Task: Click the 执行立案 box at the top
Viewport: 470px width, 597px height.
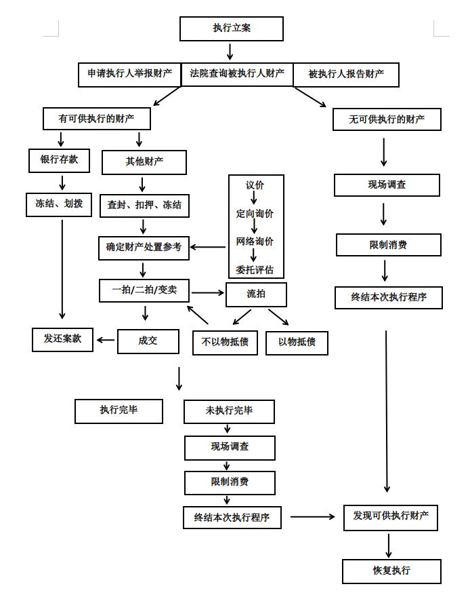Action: pyautogui.click(x=231, y=28)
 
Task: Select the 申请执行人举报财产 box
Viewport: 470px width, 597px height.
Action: pyautogui.click(x=129, y=74)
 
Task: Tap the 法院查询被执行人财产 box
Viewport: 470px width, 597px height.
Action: pyautogui.click(x=237, y=74)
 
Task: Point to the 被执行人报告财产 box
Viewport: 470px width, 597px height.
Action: pyautogui.click(x=346, y=75)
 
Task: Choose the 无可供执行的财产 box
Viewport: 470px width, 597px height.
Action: pyautogui.click(x=387, y=119)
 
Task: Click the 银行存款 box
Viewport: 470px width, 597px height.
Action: pyautogui.click(x=60, y=160)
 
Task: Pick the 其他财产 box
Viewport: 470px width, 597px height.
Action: pyautogui.click(x=144, y=162)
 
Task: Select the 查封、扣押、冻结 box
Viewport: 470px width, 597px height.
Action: pyautogui.click(x=144, y=205)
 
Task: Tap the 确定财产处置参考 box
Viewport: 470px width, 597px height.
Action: pyautogui.click(x=144, y=248)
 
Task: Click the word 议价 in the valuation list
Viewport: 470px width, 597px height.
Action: pyautogui.click(x=255, y=185)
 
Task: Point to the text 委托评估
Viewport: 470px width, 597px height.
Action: pyautogui.click(x=255, y=269)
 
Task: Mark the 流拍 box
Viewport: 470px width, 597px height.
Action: pyautogui.click(x=256, y=294)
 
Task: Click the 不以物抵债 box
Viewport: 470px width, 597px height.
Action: pyautogui.click(x=225, y=342)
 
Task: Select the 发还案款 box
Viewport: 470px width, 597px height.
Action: pyautogui.click(x=63, y=339)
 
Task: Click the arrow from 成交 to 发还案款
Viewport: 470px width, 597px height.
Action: pyautogui.click(x=106, y=340)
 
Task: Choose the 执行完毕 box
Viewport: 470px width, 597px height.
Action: pyautogui.click(x=119, y=411)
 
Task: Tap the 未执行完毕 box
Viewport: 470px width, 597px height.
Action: pyautogui.click(x=229, y=411)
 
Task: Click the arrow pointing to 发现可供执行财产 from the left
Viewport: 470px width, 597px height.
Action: pyautogui.click(x=313, y=517)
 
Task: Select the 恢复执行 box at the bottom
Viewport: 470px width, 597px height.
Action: pyautogui.click(x=391, y=571)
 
